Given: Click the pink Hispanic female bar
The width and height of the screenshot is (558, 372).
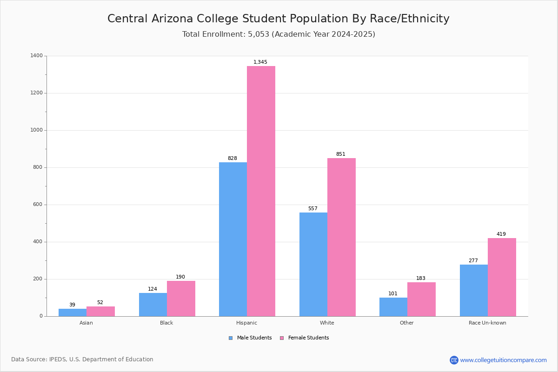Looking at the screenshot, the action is pos(261,191).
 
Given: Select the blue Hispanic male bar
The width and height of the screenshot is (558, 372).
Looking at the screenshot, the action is pos(233,239).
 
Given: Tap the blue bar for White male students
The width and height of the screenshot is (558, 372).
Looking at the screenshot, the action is pos(313,265).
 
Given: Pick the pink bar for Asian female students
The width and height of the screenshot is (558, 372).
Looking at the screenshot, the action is pos(100,312).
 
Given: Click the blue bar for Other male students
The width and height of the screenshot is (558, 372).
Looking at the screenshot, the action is pos(393,307).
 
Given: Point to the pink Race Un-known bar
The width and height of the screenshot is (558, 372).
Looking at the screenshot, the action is pos(502,277).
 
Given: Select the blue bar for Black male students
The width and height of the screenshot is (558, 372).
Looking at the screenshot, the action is pos(153,305).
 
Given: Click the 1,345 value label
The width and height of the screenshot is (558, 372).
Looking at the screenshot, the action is pos(260,62).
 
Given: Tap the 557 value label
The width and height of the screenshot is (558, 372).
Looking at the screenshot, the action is pos(313,208).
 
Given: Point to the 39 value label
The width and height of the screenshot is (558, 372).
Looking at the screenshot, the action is pos(72,305).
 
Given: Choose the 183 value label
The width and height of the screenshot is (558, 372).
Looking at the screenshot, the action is pos(421,278).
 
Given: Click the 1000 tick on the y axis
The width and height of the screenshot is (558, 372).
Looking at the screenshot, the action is pos(37,130).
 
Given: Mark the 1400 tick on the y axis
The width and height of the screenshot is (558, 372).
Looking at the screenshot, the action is pos(37,55).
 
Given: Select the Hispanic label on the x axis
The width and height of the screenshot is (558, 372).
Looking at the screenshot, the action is pos(246,323).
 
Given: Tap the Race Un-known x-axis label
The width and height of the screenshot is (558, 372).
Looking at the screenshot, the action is pos(487,323).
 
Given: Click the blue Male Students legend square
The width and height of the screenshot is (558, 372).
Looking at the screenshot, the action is pos(231,338).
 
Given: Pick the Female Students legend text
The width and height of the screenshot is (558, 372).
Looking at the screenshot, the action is pos(309,338).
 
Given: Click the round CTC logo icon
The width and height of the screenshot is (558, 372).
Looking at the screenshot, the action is pos(454,360).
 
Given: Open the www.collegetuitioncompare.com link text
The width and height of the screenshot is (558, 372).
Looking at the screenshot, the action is pos(504,360).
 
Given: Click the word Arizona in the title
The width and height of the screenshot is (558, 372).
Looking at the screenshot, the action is pos(172,19).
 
